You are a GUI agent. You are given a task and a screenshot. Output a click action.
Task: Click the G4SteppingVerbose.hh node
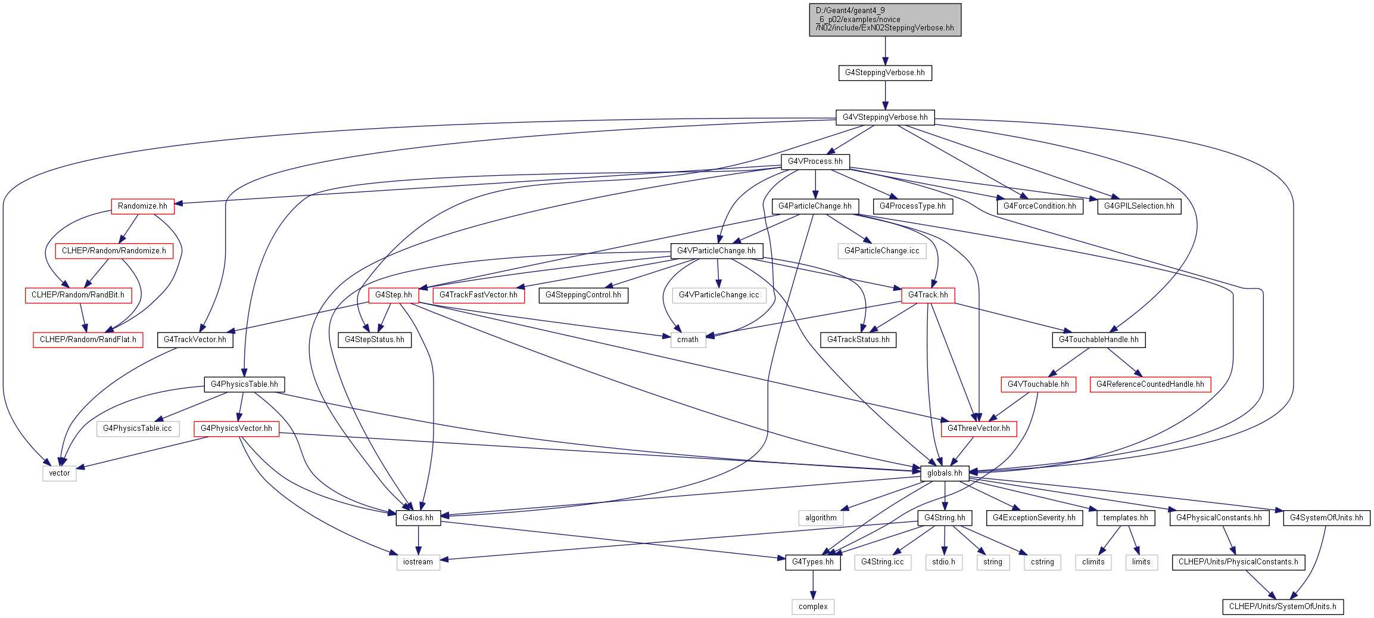pos(885,73)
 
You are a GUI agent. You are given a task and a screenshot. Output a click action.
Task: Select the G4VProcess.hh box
pos(815,162)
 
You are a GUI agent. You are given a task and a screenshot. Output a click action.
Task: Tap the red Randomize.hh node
pos(142,206)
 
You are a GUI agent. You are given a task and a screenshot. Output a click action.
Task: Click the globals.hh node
pos(945,473)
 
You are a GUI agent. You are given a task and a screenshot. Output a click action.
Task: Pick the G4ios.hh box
pos(418,518)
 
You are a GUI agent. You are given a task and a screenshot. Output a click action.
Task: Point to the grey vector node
pos(60,473)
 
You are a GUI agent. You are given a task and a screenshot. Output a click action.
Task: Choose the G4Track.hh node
pos(928,295)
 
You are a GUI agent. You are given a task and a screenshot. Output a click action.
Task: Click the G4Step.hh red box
pos(394,295)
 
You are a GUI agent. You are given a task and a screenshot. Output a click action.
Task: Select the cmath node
pos(688,340)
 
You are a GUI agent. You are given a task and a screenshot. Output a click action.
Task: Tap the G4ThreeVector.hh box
pos(979,428)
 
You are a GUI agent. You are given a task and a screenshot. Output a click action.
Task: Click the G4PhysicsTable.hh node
pos(244,384)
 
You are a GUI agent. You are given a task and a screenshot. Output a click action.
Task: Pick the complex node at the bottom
pos(813,607)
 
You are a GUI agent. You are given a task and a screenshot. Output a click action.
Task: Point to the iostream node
pos(418,562)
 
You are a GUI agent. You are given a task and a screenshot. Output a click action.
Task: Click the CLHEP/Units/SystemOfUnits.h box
pos(1283,607)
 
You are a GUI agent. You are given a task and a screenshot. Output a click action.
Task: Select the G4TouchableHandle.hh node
pos(1099,340)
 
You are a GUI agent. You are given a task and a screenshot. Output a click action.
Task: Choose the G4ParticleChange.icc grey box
pos(881,251)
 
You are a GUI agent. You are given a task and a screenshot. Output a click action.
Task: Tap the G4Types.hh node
pos(813,562)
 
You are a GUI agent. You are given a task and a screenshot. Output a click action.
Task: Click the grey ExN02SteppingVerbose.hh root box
pos(885,20)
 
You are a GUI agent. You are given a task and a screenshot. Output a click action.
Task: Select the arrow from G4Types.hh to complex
pos(813,585)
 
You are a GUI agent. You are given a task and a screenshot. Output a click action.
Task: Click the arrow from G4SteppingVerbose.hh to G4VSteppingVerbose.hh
pos(885,95)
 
